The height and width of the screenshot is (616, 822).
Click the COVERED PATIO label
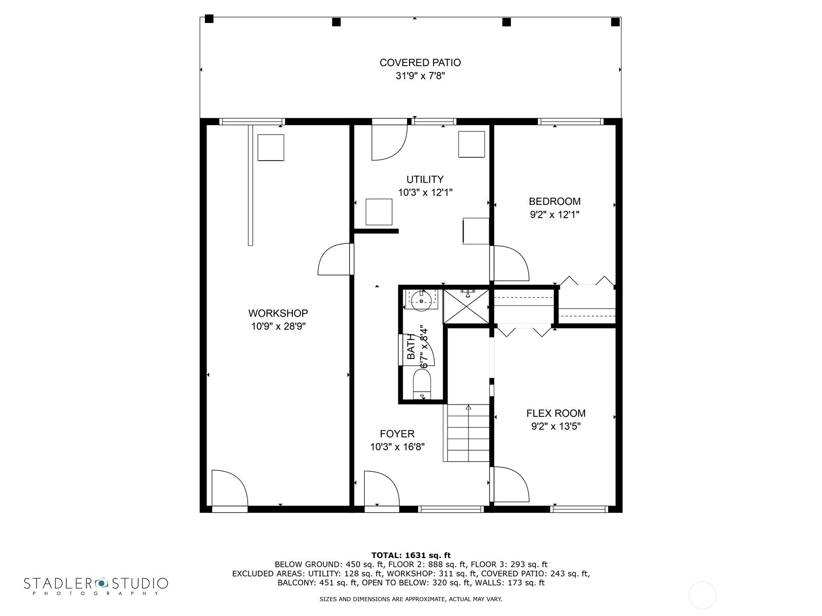pyautogui.click(x=420, y=63)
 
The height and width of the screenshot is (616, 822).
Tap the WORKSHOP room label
pyautogui.click(x=278, y=313)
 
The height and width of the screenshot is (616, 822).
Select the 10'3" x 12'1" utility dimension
pyautogui.click(x=425, y=192)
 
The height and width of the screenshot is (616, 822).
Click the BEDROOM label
pyautogui.click(x=554, y=201)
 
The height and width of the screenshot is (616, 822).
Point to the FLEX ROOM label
pyautogui.click(x=555, y=413)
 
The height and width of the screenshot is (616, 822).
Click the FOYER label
pyautogui.click(x=397, y=434)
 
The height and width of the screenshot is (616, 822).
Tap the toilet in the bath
pyautogui.click(x=422, y=384)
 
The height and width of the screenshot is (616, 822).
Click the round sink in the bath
pyautogui.click(x=421, y=300)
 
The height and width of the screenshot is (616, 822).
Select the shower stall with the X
pyautogui.click(x=466, y=306)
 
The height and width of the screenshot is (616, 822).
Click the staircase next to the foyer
pyautogui.click(x=467, y=433)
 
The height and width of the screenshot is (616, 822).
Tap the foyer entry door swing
pyautogui.click(x=380, y=488)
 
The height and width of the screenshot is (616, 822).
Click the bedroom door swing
pyautogui.click(x=511, y=263)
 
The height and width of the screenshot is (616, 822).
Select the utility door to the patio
pyautogui.click(x=388, y=141)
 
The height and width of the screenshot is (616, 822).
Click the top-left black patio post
pyautogui.click(x=209, y=19)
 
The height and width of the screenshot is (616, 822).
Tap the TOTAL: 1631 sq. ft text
pyautogui.click(x=410, y=555)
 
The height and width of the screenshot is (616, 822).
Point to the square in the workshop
pyautogui.click(x=271, y=147)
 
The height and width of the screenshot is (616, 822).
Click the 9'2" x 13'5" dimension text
pyautogui.click(x=555, y=426)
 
